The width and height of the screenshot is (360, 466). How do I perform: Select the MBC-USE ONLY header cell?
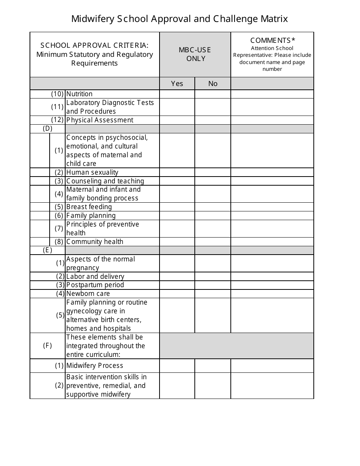(x=195, y=55)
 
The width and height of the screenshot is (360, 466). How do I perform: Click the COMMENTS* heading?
(x=272, y=40)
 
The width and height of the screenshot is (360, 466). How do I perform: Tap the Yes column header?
(x=177, y=84)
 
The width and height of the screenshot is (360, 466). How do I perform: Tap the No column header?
(x=213, y=84)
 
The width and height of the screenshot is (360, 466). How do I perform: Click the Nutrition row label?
(x=79, y=94)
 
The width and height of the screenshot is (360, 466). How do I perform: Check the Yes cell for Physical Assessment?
(x=177, y=120)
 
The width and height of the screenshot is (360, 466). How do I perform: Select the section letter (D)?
(x=47, y=128)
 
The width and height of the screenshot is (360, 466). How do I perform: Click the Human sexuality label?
(x=92, y=172)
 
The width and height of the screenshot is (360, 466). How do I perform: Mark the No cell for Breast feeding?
(x=213, y=207)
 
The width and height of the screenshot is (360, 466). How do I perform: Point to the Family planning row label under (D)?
(x=91, y=216)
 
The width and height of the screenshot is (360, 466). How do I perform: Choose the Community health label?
(x=94, y=242)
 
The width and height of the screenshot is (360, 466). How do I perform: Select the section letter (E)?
(x=47, y=250)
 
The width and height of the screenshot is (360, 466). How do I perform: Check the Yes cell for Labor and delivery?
(x=177, y=277)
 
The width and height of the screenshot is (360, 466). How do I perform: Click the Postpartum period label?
(x=95, y=285)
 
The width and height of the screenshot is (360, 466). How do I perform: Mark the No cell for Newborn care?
(x=213, y=294)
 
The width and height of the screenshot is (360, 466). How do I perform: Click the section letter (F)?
(x=47, y=346)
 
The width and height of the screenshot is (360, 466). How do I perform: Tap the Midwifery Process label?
(x=94, y=366)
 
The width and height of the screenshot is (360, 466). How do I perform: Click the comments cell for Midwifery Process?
(x=272, y=366)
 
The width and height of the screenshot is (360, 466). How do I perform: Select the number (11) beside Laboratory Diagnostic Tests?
(x=57, y=107)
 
